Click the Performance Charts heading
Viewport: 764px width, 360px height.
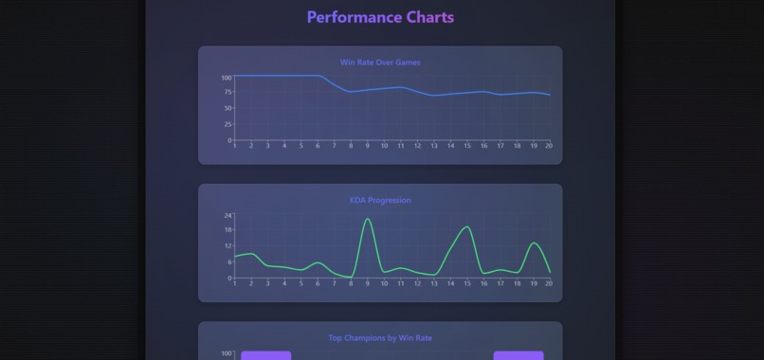coord(380,17)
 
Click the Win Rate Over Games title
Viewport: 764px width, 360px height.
coord(380,63)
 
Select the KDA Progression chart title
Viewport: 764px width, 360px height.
coord(380,200)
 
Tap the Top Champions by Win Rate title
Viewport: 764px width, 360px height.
coord(380,337)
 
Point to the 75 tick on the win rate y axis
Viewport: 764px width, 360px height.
coord(227,93)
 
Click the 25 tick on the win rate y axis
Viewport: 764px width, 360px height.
coord(227,124)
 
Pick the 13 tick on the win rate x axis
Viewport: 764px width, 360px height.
coord(434,146)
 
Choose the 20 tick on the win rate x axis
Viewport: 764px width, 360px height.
coord(549,146)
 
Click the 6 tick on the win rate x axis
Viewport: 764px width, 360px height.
coord(318,146)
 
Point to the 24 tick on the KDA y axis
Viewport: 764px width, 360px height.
coord(227,215)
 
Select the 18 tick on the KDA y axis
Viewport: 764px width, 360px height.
coord(227,230)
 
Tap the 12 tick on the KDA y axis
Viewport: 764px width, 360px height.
coord(227,246)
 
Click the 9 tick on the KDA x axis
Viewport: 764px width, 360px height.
coord(368,283)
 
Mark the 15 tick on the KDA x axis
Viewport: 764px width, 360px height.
coord(467,283)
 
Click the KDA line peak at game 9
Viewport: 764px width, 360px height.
coord(368,219)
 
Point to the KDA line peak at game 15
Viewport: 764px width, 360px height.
coord(467,226)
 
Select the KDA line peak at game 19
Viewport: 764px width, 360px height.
coord(534,243)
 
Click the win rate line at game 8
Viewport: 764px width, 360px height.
coord(351,91)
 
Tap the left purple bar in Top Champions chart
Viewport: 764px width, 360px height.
coord(265,355)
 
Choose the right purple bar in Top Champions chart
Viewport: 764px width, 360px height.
coord(518,355)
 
